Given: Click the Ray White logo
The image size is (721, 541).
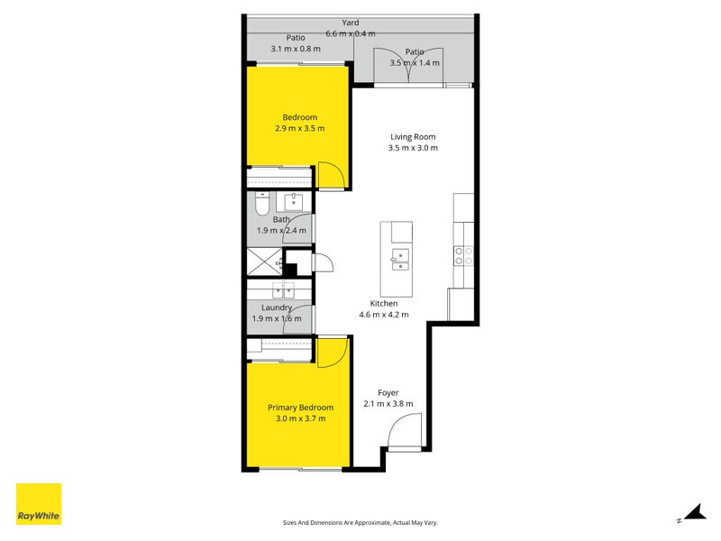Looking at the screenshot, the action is click(x=39, y=504).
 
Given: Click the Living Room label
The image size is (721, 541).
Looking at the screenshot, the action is click(x=413, y=137).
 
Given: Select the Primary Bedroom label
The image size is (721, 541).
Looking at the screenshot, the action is click(x=300, y=408).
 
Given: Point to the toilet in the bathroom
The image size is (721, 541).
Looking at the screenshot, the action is click(x=261, y=205).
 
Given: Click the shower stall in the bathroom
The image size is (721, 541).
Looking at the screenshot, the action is click(x=264, y=261).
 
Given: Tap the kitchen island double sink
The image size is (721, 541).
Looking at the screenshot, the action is click(x=400, y=260).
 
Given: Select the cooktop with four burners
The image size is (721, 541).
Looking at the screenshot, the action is click(x=463, y=256).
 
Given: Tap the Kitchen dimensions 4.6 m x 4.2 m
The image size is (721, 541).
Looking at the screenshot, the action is click(x=384, y=315).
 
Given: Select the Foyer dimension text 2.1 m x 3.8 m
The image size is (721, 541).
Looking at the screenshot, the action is click(x=388, y=404).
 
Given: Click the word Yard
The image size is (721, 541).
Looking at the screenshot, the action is click(x=351, y=23).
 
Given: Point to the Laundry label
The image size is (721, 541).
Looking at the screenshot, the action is click(x=277, y=307).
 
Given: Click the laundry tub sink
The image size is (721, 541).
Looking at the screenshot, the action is click(x=283, y=290).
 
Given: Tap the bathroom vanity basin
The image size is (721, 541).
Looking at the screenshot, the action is click(x=294, y=202).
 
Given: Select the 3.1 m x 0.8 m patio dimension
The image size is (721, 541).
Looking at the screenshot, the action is click(x=296, y=49).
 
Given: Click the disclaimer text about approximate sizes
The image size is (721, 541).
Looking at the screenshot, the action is click(x=360, y=523).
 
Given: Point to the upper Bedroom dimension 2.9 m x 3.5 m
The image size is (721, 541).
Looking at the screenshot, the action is click(x=300, y=128).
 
